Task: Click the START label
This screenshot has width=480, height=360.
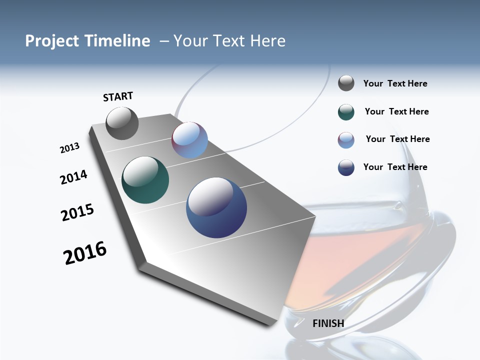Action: [118, 96]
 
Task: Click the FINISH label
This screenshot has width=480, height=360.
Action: [328, 323]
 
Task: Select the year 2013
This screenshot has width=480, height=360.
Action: [69, 148]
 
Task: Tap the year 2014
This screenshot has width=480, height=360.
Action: [73, 177]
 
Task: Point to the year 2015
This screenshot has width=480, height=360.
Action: [77, 212]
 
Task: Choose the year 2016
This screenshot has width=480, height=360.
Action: [85, 253]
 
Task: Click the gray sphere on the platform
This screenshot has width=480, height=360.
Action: [122, 123]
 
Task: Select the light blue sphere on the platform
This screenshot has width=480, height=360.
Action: [190, 140]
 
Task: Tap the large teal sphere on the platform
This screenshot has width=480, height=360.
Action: [145, 180]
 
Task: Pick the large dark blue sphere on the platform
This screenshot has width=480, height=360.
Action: [216, 207]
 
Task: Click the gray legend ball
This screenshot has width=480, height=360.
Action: [346, 83]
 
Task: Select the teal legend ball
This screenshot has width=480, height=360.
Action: [346, 112]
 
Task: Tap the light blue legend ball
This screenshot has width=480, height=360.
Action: [346, 140]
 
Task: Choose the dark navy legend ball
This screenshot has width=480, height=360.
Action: [346, 167]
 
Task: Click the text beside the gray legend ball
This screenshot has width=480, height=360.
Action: [395, 83]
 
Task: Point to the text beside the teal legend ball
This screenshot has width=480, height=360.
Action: [396, 111]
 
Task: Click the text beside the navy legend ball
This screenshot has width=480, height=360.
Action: [395, 167]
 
